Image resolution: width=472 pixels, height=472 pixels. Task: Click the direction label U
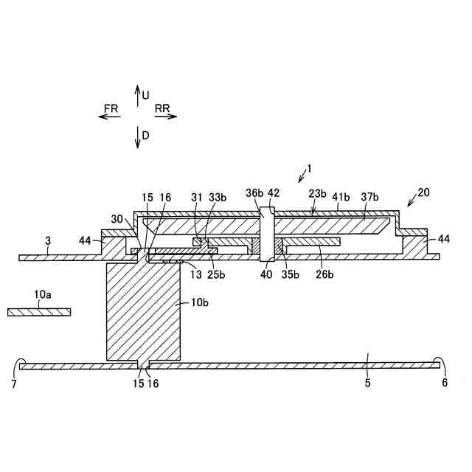pos(146,95)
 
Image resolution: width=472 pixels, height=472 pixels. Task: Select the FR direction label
pos(111,108)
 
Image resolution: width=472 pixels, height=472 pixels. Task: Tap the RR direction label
pos(163,108)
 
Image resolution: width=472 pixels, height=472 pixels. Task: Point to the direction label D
pos(146,136)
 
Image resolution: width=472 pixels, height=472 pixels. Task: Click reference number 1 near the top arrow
pos(310,168)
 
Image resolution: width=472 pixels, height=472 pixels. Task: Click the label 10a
pos(43,294)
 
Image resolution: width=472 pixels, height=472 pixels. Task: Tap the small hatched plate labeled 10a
pos(39,312)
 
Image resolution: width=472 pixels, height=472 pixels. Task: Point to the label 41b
pos(340,198)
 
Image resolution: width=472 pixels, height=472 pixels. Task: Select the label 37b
pos(369,198)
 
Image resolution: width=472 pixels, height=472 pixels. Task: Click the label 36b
pos(254,194)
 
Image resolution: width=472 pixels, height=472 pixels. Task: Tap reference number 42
pos(274,193)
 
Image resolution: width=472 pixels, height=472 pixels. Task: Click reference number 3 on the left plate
pos(48,240)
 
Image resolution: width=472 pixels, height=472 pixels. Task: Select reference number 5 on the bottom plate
pos(367,383)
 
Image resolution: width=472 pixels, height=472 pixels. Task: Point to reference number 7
pos(14,383)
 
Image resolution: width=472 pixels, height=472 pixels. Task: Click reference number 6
pos(444,383)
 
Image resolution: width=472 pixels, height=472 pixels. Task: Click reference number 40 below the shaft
pos(265,275)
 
